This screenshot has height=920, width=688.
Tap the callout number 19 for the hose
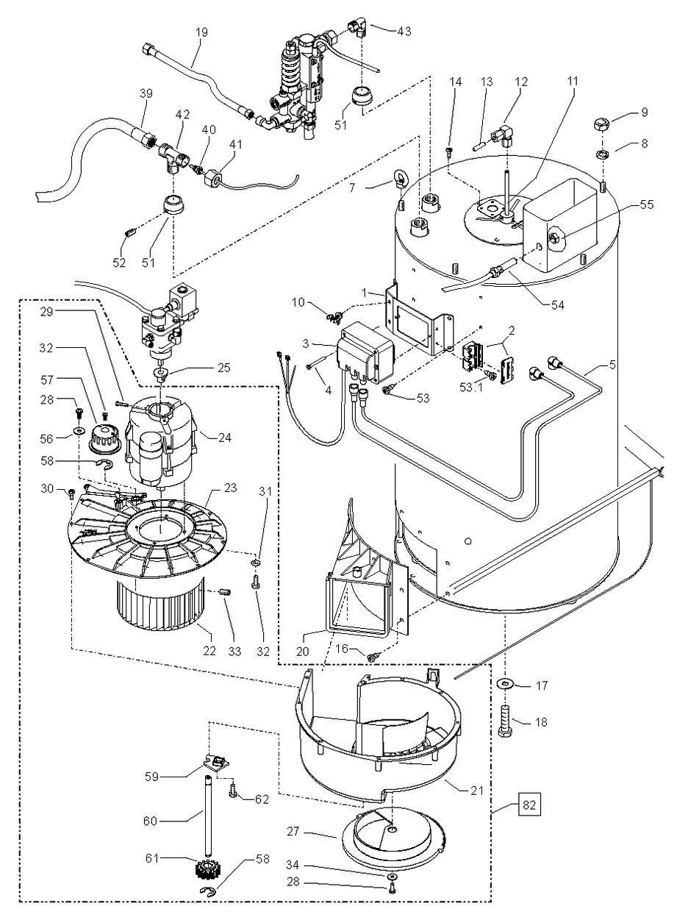pos(182,32)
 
